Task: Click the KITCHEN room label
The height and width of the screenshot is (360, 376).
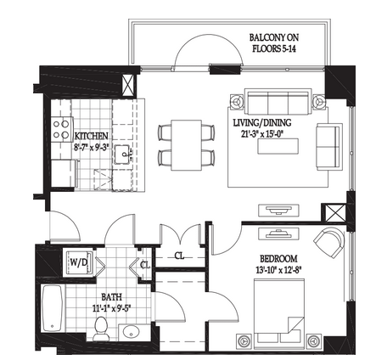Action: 91,136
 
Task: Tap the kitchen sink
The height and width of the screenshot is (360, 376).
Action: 124,155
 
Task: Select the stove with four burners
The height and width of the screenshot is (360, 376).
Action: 61,129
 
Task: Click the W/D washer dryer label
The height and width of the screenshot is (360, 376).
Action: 78,262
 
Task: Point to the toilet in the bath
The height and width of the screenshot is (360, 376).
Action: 100,329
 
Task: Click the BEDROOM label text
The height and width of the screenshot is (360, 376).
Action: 278,259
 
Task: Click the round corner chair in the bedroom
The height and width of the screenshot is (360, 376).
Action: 330,242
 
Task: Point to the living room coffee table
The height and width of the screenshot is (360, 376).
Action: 278,146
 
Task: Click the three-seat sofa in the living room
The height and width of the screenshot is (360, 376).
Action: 278,102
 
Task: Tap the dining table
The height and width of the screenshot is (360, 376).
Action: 186,145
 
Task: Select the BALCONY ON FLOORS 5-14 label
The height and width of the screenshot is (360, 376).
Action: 274,42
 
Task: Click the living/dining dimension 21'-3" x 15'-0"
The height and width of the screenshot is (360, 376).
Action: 262,134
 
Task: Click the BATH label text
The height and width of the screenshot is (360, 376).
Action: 112,297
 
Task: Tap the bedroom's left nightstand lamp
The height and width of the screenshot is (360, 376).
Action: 244,341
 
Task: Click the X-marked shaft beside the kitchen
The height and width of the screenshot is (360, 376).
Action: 128,86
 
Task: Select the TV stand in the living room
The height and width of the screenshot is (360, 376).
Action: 278,210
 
